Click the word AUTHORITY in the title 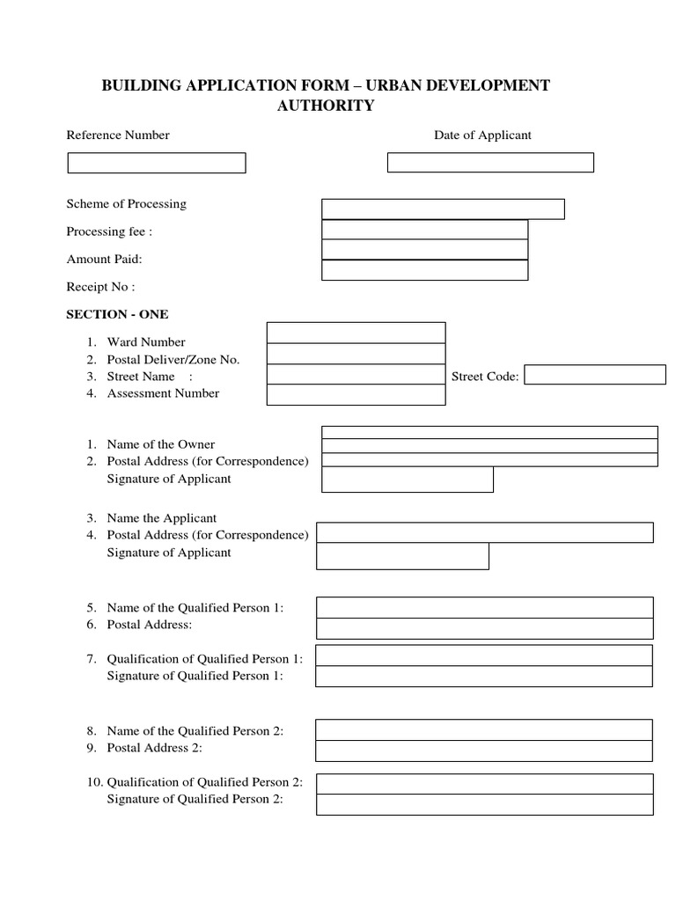pyautogui.click(x=326, y=106)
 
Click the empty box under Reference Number pyautogui.click(x=157, y=163)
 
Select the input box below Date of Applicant pyautogui.click(x=490, y=163)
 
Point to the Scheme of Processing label pyautogui.click(x=127, y=204)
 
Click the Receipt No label pyautogui.click(x=100, y=287)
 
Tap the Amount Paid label pyautogui.click(x=104, y=259)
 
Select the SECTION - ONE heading pyautogui.click(x=117, y=314)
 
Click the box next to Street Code pyautogui.click(x=595, y=375)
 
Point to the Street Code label pyautogui.click(x=485, y=377)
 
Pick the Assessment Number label pyautogui.click(x=163, y=393)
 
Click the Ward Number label pyautogui.click(x=146, y=342)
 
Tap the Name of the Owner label pyautogui.click(x=161, y=444)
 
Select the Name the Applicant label pyautogui.click(x=162, y=518)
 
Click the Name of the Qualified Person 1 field pyautogui.click(x=484, y=608)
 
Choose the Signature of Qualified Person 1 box pyautogui.click(x=484, y=676)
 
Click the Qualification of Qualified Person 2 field pyautogui.click(x=484, y=784)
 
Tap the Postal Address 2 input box pyautogui.click(x=484, y=751)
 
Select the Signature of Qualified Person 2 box pyautogui.click(x=484, y=804)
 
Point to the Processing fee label pyautogui.click(x=109, y=232)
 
